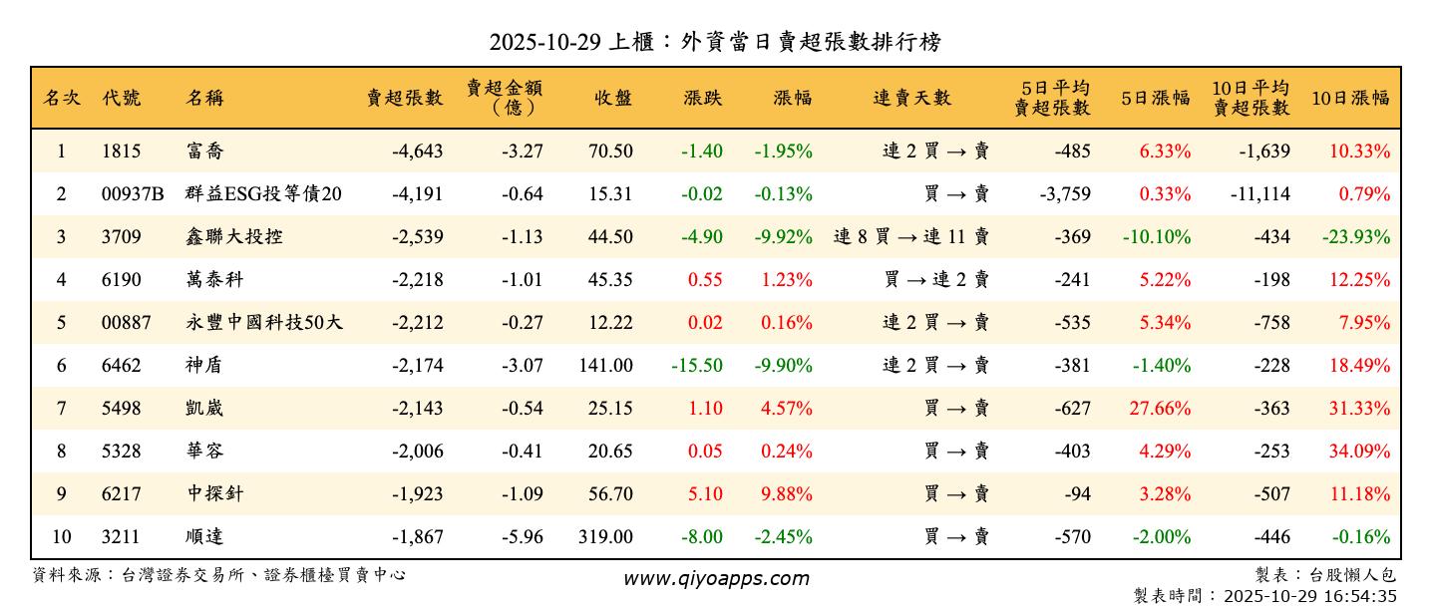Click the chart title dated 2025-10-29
click(x=715, y=42)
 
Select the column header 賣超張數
click(x=404, y=98)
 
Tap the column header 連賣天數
click(x=911, y=98)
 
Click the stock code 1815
click(x=122, y=152)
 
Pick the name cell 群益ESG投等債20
click(x=263, y=194)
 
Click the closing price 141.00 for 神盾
click(x=605, y=366)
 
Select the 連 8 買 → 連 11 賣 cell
click(x=911, y=237)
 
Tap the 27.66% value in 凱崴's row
click(x=1164, y=409)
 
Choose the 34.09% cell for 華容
click(x=1358, y=452)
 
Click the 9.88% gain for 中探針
click(x=786, y=494)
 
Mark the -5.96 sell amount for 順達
click(x=520, y=537)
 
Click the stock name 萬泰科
click(x=214, y=280)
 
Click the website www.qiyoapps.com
click(x=716, y=579)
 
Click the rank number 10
click(x=61, y=537)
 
